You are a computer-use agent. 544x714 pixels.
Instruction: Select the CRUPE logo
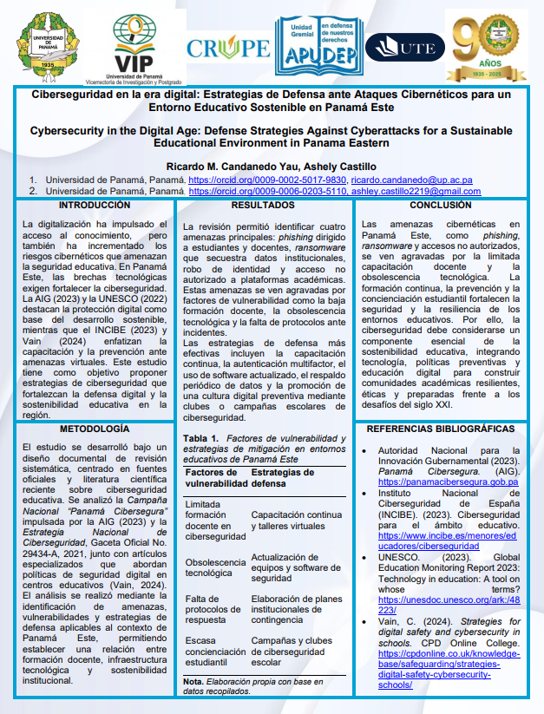pos(227,48)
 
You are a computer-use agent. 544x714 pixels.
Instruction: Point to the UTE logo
pos(405,47)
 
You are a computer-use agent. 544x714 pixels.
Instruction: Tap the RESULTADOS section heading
pos(263,206)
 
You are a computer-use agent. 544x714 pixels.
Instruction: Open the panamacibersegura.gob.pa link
pos(448,481)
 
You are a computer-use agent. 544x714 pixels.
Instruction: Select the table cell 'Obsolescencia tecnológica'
pos(214,568)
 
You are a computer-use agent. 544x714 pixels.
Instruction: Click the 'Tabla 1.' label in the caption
pos(200,439)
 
